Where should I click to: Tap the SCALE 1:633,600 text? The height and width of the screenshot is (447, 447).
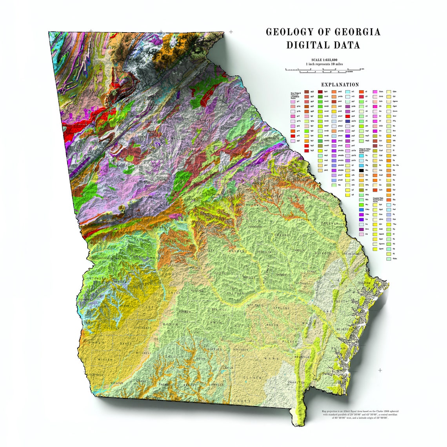coord(324,60)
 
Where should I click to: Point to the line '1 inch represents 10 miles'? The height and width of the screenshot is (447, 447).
coord(324,64)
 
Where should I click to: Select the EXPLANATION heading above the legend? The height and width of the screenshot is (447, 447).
coord(340,85)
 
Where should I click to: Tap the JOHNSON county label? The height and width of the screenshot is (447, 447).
coord(254,227)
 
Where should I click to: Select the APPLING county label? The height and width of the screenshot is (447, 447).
coord(280,308)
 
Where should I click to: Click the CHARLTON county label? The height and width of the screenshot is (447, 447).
coord(296,382)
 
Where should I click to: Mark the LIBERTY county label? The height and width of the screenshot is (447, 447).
coord(340,301)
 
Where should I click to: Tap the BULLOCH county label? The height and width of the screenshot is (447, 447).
coord(324,254)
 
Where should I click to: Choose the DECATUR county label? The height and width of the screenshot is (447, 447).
coord(116,382)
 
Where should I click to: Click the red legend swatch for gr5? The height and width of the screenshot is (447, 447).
coord(293,136)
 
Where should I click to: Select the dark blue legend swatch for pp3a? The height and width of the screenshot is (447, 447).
coord(347,121)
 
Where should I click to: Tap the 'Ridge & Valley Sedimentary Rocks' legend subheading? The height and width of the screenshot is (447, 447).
coord(367,150)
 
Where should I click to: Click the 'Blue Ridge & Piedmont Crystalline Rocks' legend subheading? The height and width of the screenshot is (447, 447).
coord(296,95)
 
